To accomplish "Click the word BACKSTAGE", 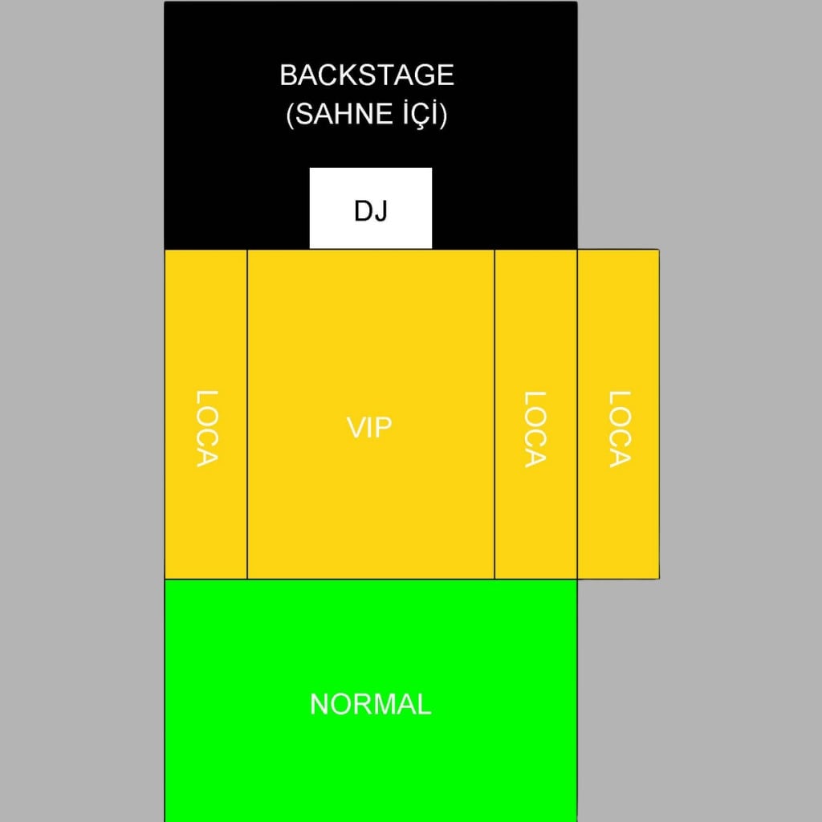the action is [x=366, y=75].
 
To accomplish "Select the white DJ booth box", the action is [x=371, y=208].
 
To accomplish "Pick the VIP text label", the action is [x=369, y=428].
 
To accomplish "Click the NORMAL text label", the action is [x=371, y=704].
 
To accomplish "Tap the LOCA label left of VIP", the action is [x=206, y=429].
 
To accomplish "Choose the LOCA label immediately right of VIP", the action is [x=535, y=429].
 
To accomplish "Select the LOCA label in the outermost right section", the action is [x=619, y=429].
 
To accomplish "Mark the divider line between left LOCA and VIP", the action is [x=247, y=414].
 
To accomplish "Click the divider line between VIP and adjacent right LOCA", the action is [x=494, y=414].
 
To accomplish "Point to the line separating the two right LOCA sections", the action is [x=577, y=414].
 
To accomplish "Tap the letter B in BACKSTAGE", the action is [x=289, y=75].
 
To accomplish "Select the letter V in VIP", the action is [x=356, y=428].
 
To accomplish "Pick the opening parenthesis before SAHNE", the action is [x=290, y=114].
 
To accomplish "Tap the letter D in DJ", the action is [x=364, y=211].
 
